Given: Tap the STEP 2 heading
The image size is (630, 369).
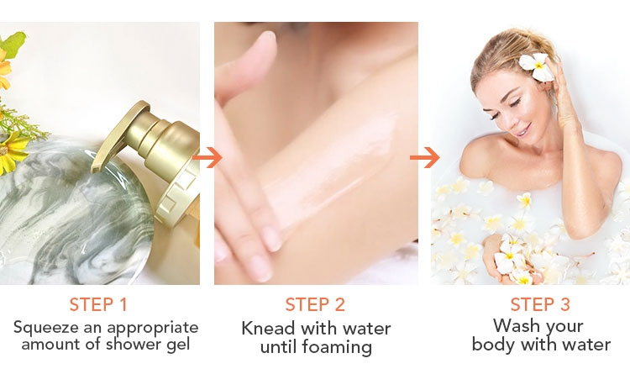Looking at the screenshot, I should [x=315, y=304].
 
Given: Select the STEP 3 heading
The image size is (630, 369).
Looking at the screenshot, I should [x=540, y=304].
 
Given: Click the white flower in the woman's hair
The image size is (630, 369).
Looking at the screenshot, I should [x=536, y=66].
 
